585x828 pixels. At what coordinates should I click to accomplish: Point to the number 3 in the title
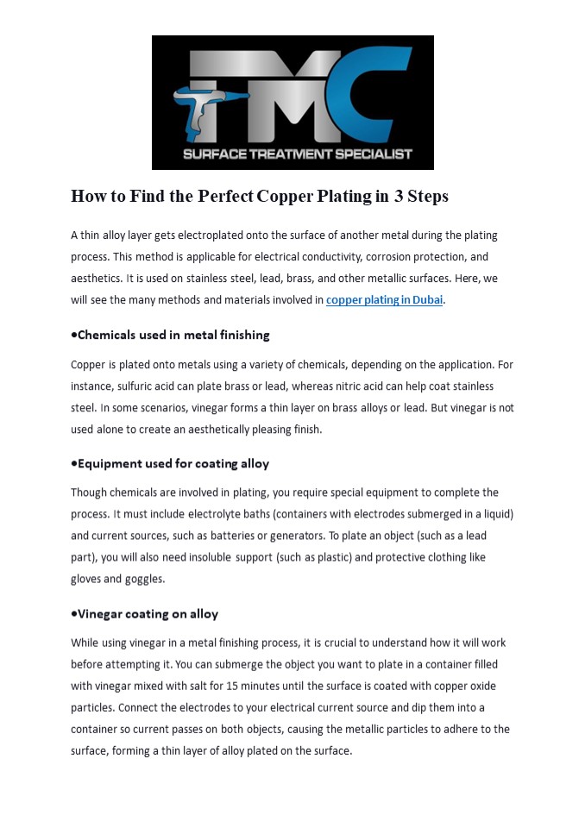pyautogui.click(x=399, y=197)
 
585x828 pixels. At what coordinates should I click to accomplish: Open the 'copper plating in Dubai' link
pyautogui.click(x=384, y=300)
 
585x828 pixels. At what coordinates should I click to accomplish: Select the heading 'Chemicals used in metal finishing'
pyautogui.click(x=171, y=335)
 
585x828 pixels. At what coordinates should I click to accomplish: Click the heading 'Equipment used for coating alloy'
pyautogui.click(x=171, y=463)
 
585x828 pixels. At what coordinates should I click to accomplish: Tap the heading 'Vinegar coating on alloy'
pyautogui.click(x=145, y=614)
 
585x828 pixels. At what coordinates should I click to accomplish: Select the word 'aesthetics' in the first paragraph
pyautogui.click(x=95, y=279)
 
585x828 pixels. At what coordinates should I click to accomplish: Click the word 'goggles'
pyautogui.click(x=144, y=579)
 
